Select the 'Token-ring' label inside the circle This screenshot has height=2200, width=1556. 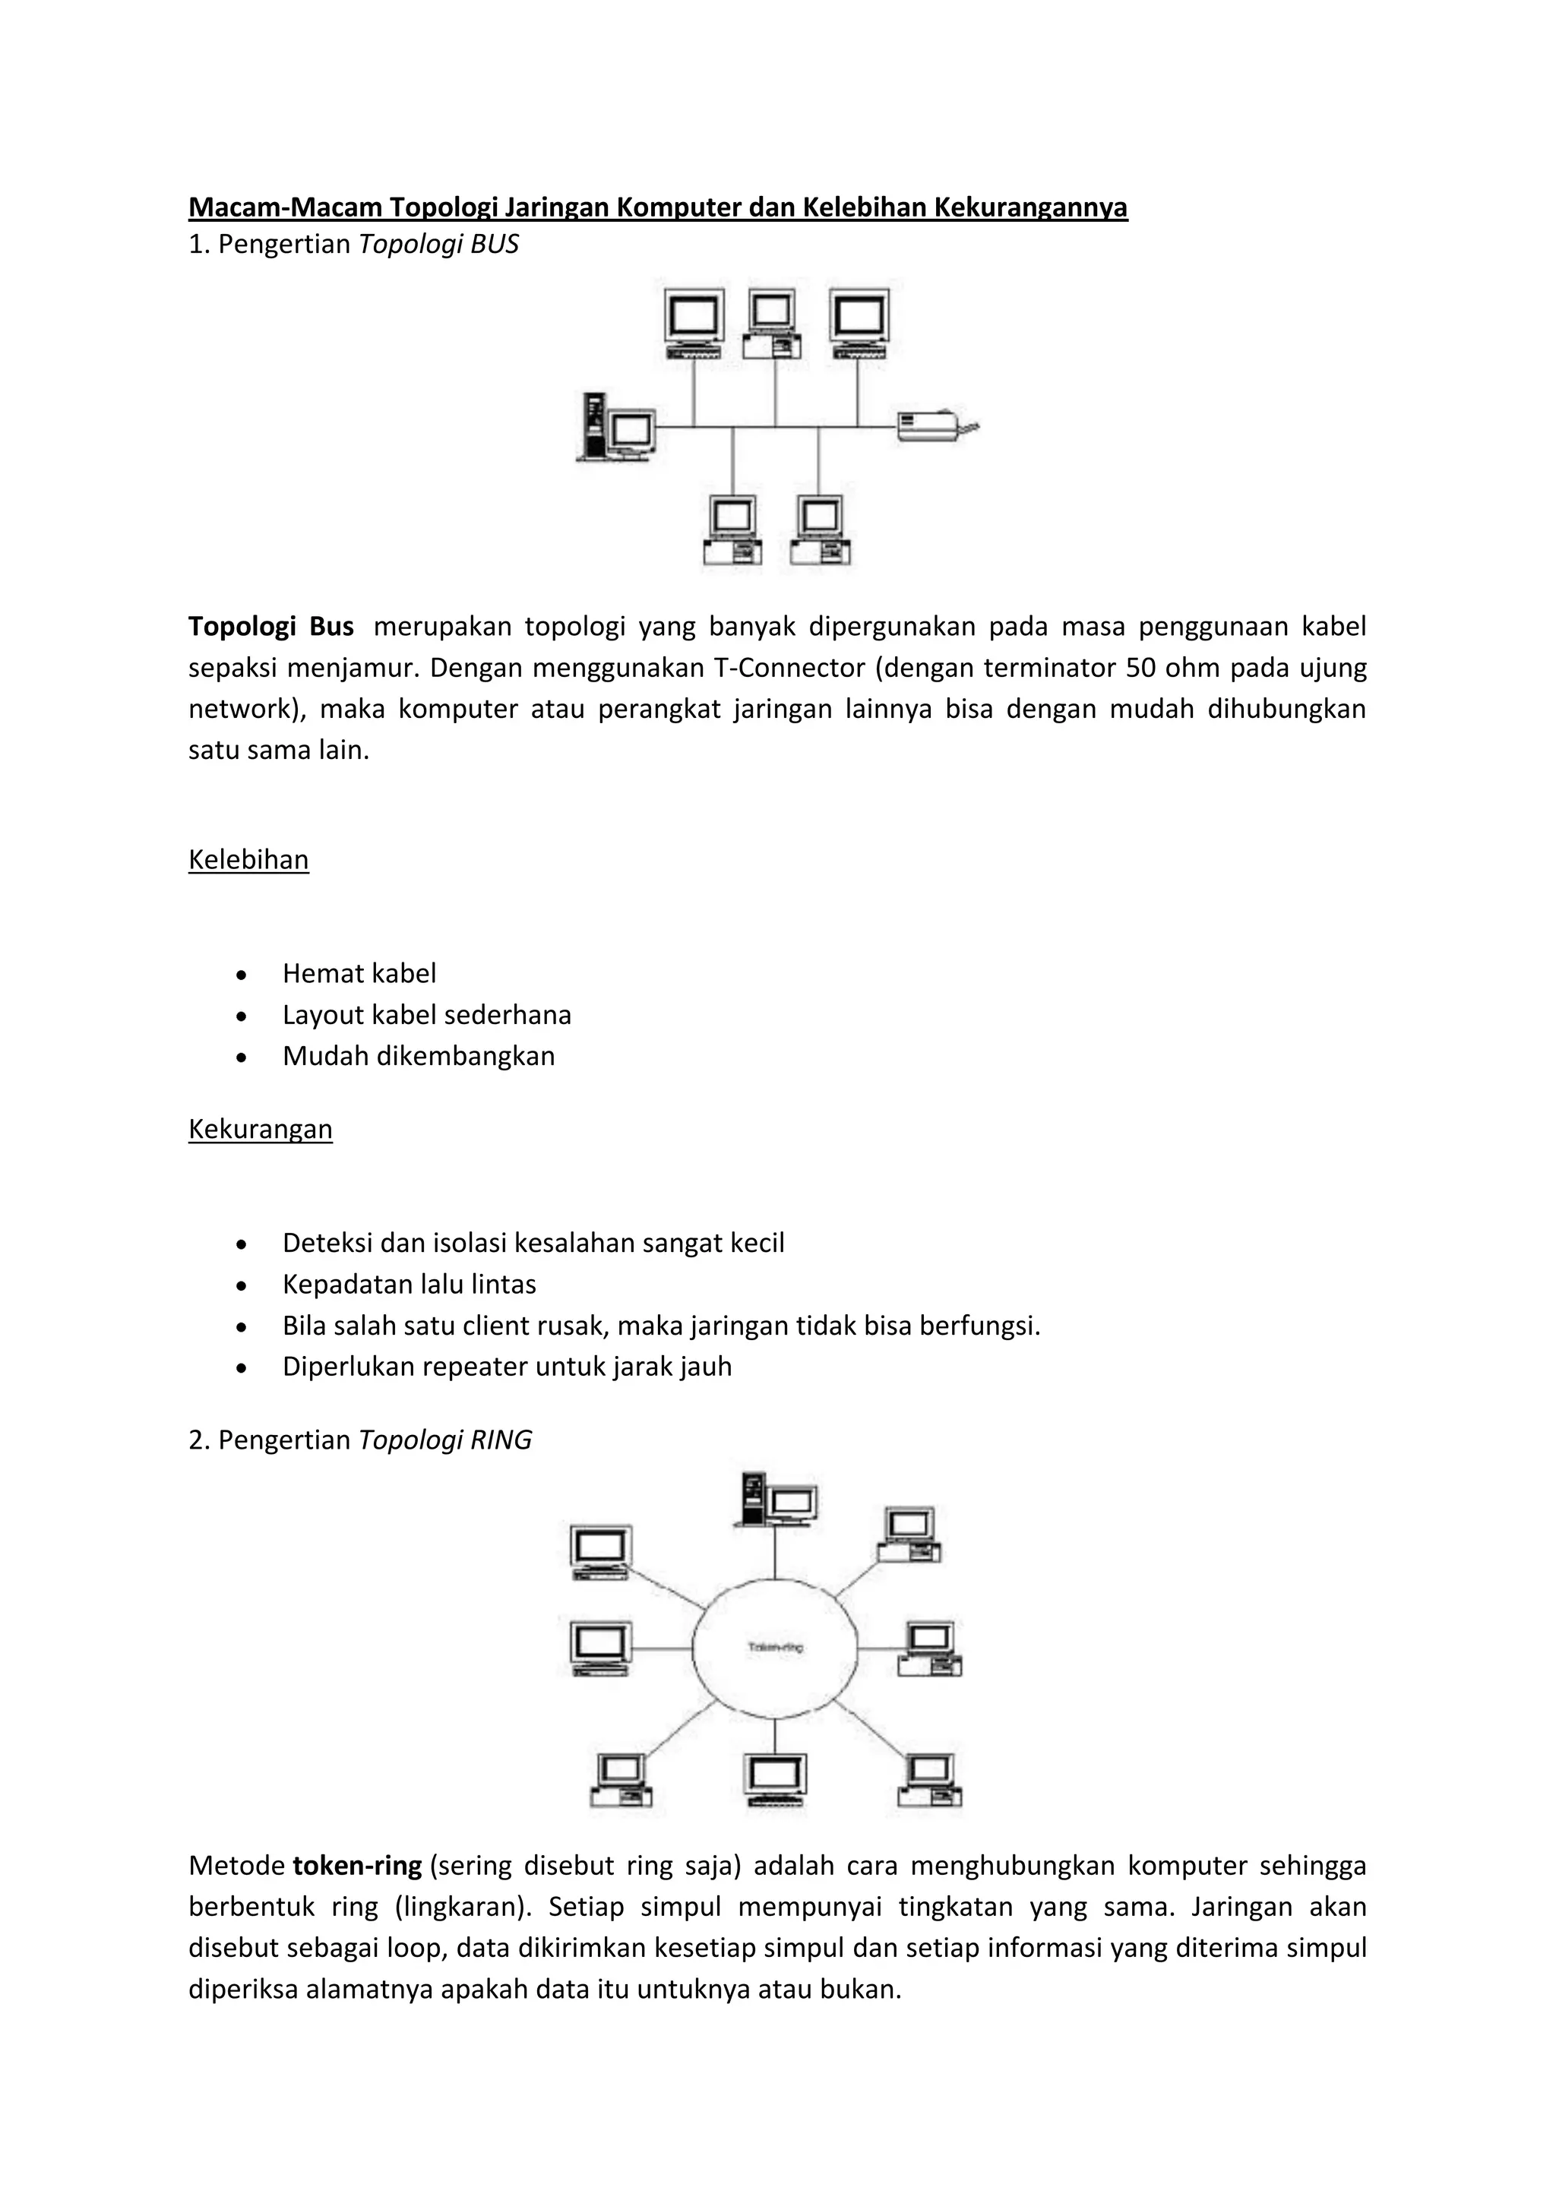click(x=775, y=1647)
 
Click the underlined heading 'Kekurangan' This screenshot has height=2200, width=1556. click(x=260, y=1129)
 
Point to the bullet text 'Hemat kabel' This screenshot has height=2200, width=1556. click(x=359, y=974)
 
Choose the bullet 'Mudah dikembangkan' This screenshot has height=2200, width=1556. click(x=419, y=1056)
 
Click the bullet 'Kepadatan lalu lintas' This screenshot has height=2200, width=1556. click(x=409, y=1284)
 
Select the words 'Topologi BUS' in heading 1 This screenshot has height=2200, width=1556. click(x=439, y=245)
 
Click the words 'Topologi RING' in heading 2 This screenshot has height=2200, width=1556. click(x=445, y=1440)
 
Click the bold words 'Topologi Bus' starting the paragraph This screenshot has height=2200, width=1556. click(x=271, y=627)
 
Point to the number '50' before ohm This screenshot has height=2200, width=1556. click(x=1141, y=668)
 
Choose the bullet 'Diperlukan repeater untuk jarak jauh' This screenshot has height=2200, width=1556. click(x=507, y=1367)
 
